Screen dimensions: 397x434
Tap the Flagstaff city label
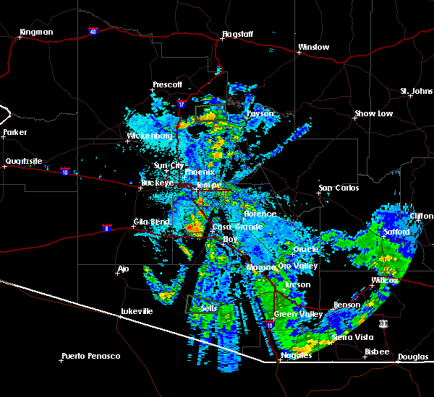pos(239,33)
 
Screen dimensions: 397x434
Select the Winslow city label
pos(314,48)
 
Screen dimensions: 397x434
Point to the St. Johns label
pos(417,91)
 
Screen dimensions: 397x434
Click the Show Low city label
pos(373,114)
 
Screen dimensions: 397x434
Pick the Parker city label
pos(14,132)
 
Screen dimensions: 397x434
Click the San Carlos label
pos(339,188)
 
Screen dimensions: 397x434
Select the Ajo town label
pos(123,269)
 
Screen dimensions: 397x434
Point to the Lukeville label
pos(137,311)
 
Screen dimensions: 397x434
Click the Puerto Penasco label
pos(91,356)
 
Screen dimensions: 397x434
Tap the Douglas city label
pos(412,357)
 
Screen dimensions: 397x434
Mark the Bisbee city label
pos(376,352)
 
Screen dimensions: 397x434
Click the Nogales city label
pos(297,355)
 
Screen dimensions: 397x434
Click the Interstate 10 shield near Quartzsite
pos(65,173)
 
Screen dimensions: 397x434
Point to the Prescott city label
pos(168,84)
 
